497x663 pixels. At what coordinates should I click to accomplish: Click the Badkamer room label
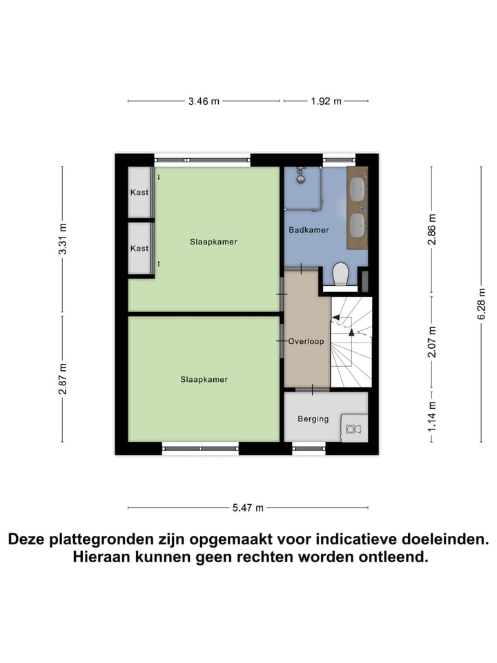point(308,230)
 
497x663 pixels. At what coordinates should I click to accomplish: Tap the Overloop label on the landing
point(306,341)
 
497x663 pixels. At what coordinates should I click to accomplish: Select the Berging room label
point(313,419)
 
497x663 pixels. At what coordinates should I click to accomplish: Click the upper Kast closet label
point(139,192)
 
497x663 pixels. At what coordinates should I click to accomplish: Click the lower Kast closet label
point(139,248)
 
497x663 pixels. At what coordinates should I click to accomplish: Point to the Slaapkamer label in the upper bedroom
point(214,242)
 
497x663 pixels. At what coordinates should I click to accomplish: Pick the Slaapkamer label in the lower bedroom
point(204,379)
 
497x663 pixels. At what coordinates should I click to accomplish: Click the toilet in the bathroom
point(340,274)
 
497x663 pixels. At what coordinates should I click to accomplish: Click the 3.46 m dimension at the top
point(204,102)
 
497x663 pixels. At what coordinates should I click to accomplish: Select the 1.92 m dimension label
point(326,102)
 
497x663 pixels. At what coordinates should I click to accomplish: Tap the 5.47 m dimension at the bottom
point(248,508)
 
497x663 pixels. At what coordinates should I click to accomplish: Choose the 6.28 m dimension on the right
point(481,304)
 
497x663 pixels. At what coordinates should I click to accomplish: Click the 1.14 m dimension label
point(432,417)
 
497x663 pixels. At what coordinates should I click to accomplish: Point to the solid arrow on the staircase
point(351,332)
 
